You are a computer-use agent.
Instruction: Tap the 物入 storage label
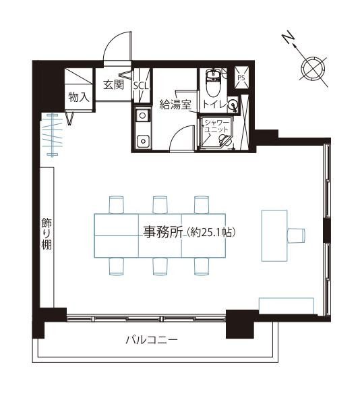79,97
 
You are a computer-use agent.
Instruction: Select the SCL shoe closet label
140,86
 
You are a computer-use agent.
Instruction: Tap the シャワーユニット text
216,126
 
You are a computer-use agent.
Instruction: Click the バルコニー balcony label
152,341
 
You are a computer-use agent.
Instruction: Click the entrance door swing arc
113,53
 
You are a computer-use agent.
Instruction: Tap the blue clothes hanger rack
52,136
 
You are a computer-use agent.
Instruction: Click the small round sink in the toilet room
232,105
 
